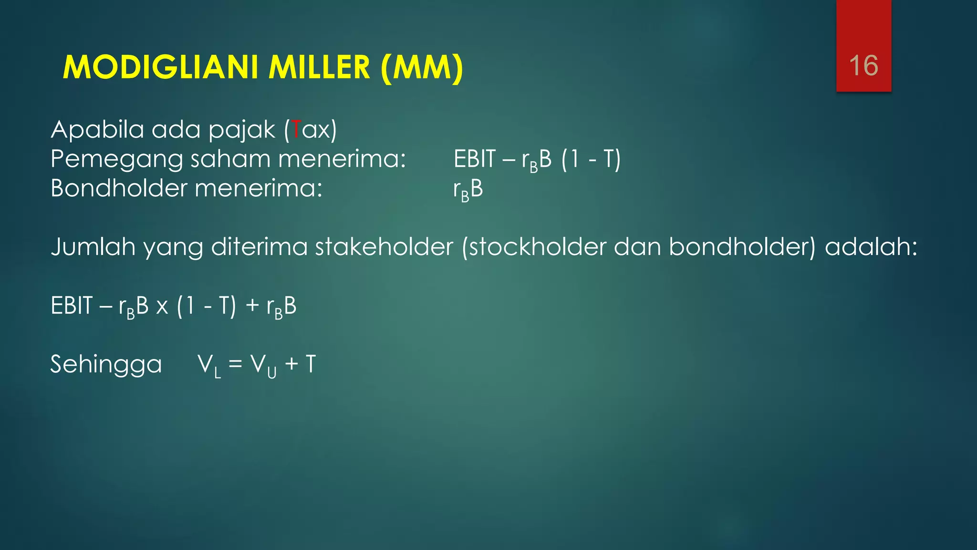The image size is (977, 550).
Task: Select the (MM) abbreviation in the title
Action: tap(422, 68)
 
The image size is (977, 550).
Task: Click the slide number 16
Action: tap(863, 65)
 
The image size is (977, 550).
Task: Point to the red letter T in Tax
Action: tap(296, 129)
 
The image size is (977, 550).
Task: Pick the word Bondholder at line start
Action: tap(119, 188)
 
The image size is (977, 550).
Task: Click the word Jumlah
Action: tap(93, 247)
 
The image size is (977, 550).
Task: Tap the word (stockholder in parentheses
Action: tap(534, 247)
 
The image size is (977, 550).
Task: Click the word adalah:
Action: tap(871, 247)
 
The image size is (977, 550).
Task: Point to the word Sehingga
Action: tap(106, 364)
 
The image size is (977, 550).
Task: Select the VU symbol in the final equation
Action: tap(263, 366)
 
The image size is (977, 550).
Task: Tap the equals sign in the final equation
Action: tap(235, 364)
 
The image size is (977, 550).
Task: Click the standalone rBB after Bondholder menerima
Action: tap(468, 190)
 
